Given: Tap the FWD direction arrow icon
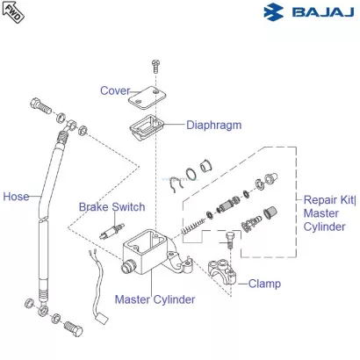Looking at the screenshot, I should point(14,12).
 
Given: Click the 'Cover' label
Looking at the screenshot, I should point(114,90).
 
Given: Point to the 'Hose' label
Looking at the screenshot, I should point(16,196).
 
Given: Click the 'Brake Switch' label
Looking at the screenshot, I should point(112,207).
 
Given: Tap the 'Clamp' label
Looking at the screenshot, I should point(264,284).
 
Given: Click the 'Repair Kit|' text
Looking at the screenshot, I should point(330,198).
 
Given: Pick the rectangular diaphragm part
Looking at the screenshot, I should point(147,129).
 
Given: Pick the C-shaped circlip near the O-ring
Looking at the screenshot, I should point(174,184).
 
